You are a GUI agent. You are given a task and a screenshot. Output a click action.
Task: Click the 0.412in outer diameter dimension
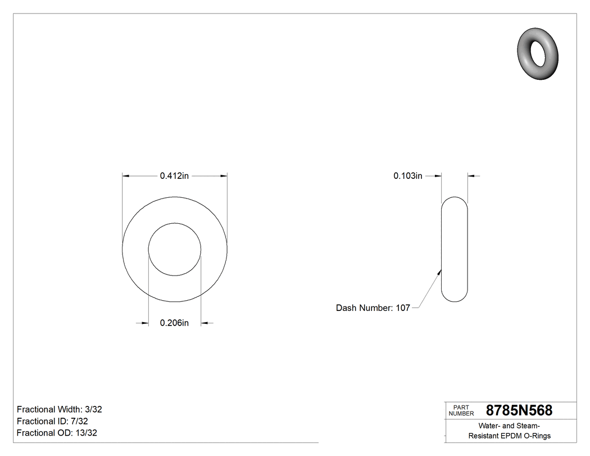[x=174, y=176]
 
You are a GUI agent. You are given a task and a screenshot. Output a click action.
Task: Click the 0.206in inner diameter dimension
[x=174, y=323]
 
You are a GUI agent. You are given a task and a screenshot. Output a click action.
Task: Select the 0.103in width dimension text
[x=407, y=176]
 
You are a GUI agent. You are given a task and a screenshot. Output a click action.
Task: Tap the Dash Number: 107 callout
[x=373, y=308]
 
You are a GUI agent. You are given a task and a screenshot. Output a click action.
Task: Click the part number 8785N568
[x=519, y=410]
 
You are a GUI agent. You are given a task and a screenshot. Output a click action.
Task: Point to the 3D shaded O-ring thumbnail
[x=538, y=53]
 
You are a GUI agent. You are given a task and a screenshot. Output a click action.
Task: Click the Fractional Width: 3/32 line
[x=60, y=409]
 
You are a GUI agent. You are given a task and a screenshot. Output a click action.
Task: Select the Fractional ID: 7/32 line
[x=52, y=421]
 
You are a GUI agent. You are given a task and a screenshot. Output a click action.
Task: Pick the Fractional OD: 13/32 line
[x=57, y=433]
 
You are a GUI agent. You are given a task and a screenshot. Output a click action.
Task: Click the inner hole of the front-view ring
[x=175, y=249]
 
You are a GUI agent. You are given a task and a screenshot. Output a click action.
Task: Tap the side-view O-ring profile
[x=454, y=249]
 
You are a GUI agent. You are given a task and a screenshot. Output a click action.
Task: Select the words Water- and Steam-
[x=510, y=426]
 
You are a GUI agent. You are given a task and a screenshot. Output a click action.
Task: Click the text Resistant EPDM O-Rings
[x=510, y=436]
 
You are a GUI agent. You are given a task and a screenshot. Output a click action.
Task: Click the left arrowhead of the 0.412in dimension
[x=126, y=176]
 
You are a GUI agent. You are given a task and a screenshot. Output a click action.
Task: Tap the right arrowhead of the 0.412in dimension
[x=224, y=176]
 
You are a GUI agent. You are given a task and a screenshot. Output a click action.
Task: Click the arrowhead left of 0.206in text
[x=144, y=323]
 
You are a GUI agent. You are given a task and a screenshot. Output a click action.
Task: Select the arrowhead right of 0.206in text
[x=205, y=323]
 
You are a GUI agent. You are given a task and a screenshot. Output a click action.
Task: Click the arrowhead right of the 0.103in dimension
[x=471, y=176]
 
